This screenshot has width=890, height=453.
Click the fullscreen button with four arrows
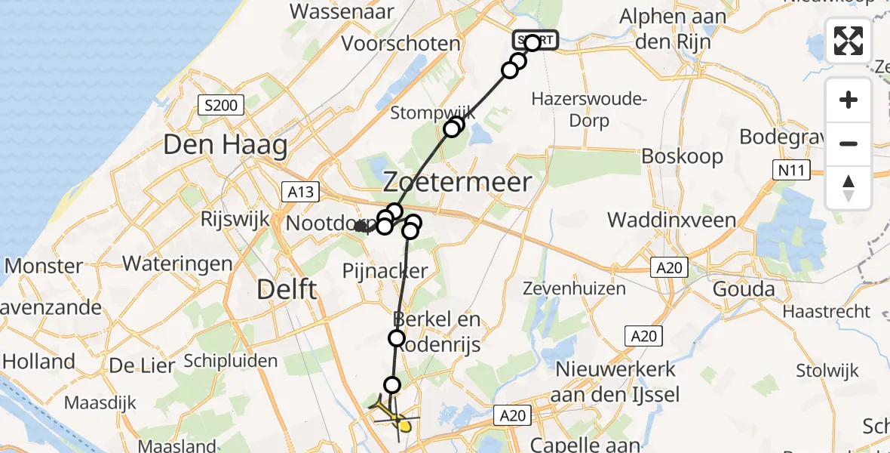click(849, 41)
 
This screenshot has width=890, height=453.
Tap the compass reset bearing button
click(849, 186)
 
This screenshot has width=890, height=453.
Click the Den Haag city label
click(225, 144)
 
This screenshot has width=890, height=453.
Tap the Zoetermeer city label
click(458, 182)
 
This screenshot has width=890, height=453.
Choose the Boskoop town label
click(682, 156)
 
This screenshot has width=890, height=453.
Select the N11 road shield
click(791, 171)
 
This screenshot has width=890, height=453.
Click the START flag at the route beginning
click(536, 40)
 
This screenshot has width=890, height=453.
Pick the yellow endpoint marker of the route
click(405, 427)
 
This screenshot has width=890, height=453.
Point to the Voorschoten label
click(400, 43)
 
